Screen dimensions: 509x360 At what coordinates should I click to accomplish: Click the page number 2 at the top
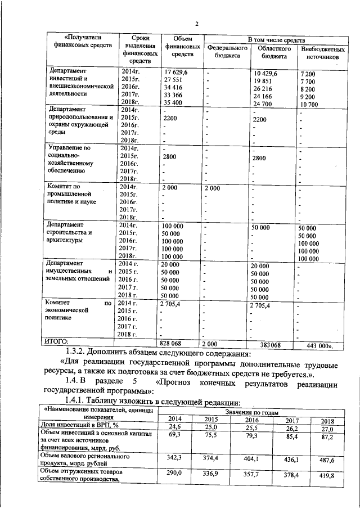pyautogui.click(x=197, y=24)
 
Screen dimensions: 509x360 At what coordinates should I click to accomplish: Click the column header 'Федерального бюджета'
pyautogui.click(x=227, y=52)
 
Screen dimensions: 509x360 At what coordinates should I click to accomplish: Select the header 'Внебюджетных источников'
pyautogui.click(x=322, y=53)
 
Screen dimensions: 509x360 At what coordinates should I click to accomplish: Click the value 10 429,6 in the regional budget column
pyautogui.click(x=265, y=74)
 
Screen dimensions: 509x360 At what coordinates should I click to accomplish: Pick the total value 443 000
pyautogui.click(x=317, y=344)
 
